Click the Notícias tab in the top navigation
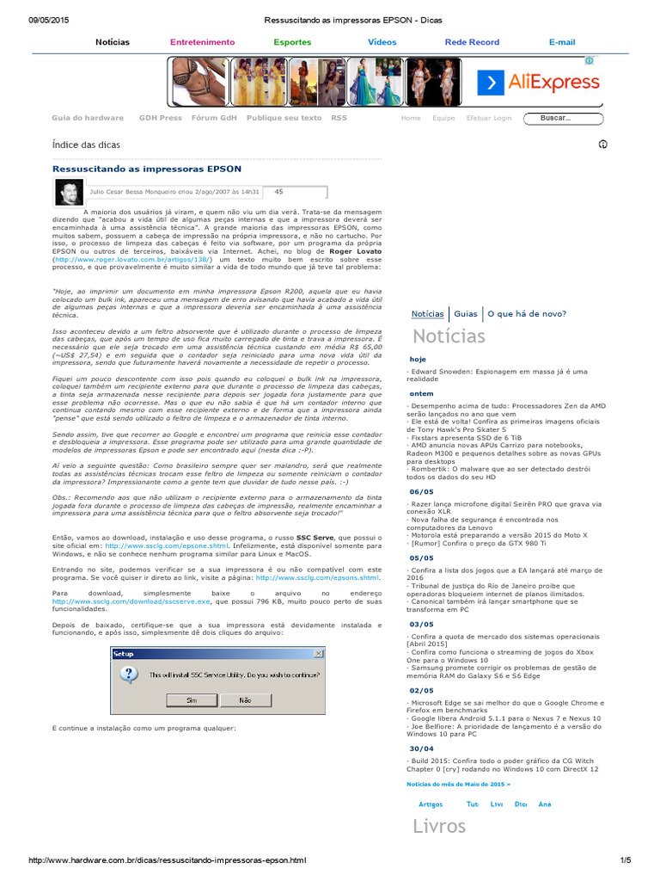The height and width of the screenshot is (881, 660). point(113,42)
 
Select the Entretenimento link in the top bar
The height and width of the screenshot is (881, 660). point(202,42)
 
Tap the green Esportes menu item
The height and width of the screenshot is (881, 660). point(292,42)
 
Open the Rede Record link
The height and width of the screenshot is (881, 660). point(472,42)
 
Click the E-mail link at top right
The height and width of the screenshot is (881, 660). point(562,42)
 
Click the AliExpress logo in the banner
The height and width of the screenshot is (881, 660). point(539,83)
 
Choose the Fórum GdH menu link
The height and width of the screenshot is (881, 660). point(214,118)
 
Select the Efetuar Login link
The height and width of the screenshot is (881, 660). point(488,119)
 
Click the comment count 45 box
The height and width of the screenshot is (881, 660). point(278,192)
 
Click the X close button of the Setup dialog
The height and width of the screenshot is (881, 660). point(320,653)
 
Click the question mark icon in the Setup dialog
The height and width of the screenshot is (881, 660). point(129,675)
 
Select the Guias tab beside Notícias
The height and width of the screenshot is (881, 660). point(465,314)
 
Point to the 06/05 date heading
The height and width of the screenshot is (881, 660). point(421,491)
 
